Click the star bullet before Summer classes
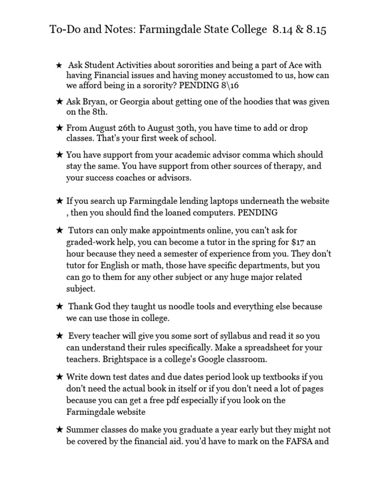pyautogui.click(x=59, y=429)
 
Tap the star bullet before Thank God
pyautogui.click(x=59, y=307)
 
